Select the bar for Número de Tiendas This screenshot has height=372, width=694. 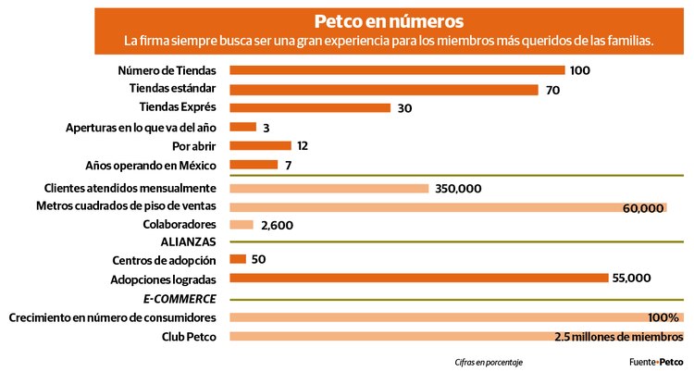point(396,70)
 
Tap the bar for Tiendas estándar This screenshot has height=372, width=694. point(383,90)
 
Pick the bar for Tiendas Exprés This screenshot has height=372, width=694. point(310,108)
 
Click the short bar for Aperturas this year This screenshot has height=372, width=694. point(242,127)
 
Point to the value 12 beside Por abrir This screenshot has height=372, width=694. point(303,146)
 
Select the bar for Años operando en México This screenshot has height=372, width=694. point(253,165)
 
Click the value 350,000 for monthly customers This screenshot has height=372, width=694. point(458,189)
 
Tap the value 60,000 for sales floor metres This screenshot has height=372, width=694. point(643,208)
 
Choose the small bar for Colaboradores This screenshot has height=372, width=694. point(241,225)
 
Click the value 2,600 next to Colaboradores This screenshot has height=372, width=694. point(278,226)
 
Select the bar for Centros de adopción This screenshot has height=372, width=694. point(237,259)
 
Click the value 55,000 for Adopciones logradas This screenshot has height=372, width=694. point(632,279)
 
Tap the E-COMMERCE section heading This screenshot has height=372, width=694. point(180,298)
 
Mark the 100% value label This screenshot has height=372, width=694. point(663,317)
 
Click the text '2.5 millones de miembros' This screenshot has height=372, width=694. point(618,336)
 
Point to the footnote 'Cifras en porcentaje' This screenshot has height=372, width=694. point(489,362)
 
